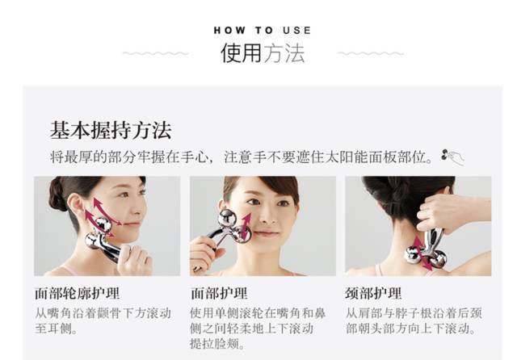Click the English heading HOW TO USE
263,30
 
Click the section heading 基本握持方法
111,131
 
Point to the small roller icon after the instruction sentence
453,157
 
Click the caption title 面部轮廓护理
77,294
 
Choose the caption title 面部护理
219,294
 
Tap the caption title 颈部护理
374,294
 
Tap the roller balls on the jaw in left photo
99,234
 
